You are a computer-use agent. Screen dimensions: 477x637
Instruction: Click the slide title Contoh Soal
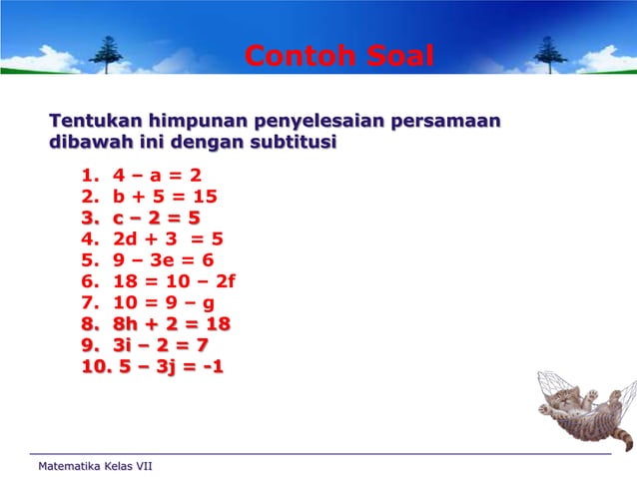pos(339,56)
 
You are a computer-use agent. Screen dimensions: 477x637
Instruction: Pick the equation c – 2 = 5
pos(157,218)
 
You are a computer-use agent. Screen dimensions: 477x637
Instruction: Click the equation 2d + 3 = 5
pos(168,238)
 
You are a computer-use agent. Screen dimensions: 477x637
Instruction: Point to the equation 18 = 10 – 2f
pos(175,281)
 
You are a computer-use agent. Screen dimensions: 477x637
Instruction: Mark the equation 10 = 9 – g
pos(164,302)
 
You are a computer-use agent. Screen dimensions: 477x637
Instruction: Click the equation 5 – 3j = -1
pos(169,367)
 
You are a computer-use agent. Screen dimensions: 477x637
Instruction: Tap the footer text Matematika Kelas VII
pos(95,465)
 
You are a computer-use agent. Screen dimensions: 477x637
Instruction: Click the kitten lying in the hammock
pos(589,409)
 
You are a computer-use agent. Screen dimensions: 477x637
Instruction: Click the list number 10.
pos(93,367)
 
